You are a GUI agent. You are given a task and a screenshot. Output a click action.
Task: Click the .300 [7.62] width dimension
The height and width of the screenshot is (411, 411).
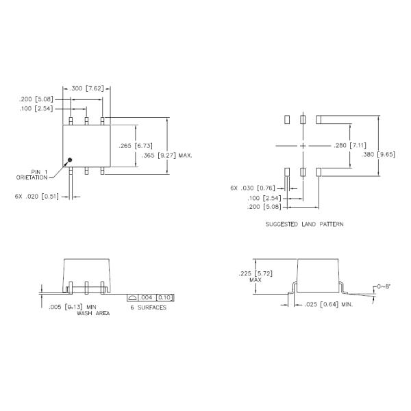tap(86, 88)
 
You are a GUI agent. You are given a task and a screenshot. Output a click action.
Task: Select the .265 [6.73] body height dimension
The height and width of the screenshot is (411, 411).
tap(136, 146)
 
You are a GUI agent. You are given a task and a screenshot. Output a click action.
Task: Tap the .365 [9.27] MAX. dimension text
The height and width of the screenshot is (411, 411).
tap(167, 155)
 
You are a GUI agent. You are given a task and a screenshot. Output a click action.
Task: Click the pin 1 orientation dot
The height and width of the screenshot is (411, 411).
tap(70, 160)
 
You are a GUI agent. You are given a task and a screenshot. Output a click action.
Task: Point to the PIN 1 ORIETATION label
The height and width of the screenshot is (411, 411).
tap(32, 175)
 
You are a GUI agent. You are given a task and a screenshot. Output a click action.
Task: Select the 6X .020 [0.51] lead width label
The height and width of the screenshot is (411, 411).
tap(37, 197)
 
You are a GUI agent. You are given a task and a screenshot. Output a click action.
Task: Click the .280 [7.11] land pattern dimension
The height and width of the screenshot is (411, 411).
tap(350, 145)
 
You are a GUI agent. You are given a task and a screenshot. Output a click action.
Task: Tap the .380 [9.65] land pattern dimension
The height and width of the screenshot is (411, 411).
tap(378, 154)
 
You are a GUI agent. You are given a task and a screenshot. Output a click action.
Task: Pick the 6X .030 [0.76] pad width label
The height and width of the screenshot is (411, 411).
tap(253, 188)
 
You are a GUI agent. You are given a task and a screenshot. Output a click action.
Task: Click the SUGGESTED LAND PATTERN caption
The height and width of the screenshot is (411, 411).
tap(304, 224)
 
